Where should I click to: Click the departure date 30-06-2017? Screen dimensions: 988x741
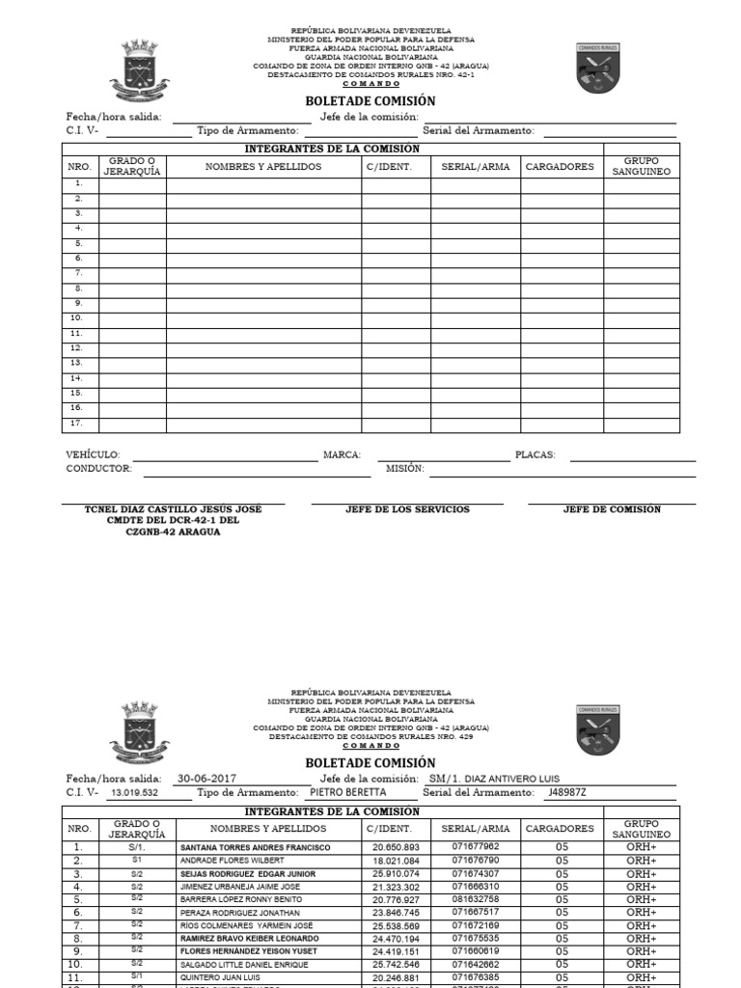[206, 779]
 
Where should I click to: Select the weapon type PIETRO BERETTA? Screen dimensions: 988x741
[347, 792]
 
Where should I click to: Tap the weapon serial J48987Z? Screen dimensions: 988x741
[566, 792]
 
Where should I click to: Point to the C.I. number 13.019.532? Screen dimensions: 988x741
[134, 792]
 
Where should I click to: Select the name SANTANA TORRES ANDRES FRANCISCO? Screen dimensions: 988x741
[255, 847]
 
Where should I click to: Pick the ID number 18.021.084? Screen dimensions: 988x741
[394, 860]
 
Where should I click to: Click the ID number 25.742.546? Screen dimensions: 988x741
[394, 964]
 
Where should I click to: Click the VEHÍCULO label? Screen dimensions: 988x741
[93, 454]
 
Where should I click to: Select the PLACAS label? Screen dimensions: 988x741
[535, 454]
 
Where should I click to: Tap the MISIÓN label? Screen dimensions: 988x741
[404, 468]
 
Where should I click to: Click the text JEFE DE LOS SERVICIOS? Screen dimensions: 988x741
[407, 509]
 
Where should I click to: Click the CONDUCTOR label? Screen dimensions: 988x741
[98, 468]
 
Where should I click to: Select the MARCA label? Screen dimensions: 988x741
[342, 454]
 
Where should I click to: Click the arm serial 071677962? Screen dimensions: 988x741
[476, 847]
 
